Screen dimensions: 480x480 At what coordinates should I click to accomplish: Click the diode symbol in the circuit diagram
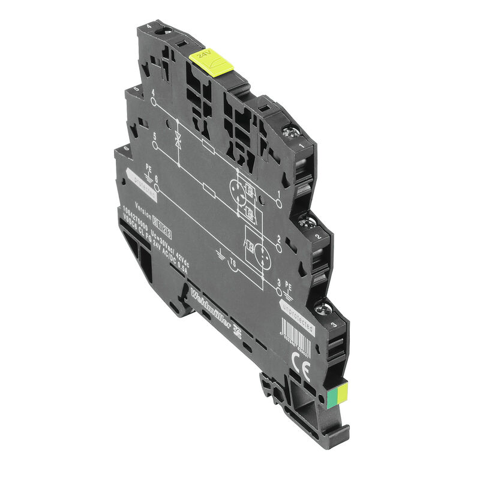pyautogui.click(x=177, y=143)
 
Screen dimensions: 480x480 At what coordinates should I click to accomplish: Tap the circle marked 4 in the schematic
pyautogui.click(x=154, y=102)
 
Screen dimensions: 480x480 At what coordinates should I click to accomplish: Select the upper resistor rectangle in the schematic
pyautogui.click(x=209, y=146)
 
